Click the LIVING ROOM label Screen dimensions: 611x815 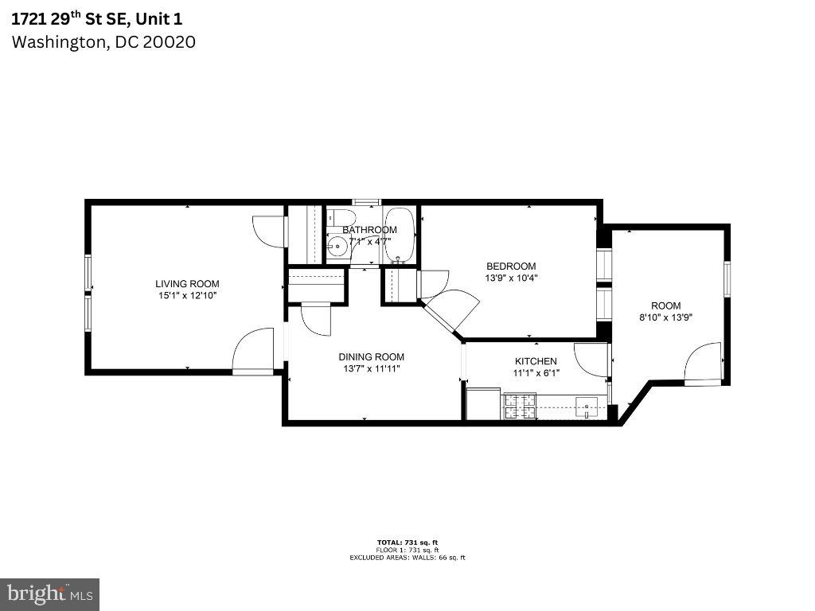tap(187, 283)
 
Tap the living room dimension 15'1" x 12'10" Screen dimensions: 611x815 tap(187, 295)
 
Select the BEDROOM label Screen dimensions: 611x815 tap(511, 266)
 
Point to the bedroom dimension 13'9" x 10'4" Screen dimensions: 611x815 tap(511, 278)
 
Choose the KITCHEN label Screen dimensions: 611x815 tap(536, 361)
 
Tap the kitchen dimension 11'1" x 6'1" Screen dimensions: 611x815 tap(536, 373)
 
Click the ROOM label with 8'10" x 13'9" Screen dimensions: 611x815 tap(666, 305)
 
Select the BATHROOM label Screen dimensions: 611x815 tap(369, 230)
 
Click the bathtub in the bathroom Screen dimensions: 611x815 tap(400, 235)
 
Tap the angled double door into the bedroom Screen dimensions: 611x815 tap(450, 313)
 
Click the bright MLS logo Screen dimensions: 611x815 tap(49, 593)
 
